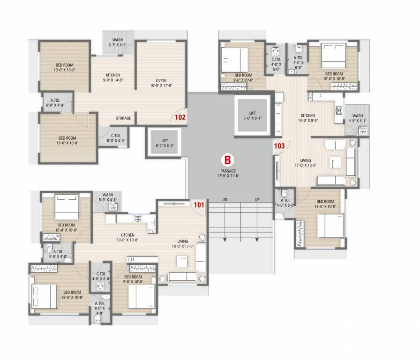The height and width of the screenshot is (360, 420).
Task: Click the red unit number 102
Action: click(x=180, y=118)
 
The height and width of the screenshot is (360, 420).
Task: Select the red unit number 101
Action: click(x=199, y=204)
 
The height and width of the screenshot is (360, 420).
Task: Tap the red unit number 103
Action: click(x=279, y=146)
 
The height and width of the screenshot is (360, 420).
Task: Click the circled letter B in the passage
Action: click(x=227, y=160)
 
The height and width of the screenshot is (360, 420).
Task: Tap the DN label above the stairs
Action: click(x=225, y=200)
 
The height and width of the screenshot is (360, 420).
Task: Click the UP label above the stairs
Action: click(x=257, y=200)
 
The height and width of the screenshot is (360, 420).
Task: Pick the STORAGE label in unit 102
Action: click(x=123, y=118)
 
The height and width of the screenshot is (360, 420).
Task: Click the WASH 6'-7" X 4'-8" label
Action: click(x=118, y=42)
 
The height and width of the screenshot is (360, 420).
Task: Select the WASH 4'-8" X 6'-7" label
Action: click(x=358, y=118)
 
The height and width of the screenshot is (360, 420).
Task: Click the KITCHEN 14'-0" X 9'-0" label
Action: click(x=308, y=118)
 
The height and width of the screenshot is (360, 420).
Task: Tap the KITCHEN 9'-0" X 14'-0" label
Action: click(x=112, y=77)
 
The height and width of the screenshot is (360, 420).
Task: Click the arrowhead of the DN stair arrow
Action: click(x=225, y=240)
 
